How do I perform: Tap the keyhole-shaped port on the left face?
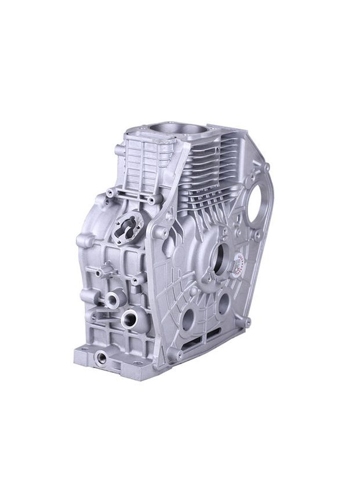coord(129,224)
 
